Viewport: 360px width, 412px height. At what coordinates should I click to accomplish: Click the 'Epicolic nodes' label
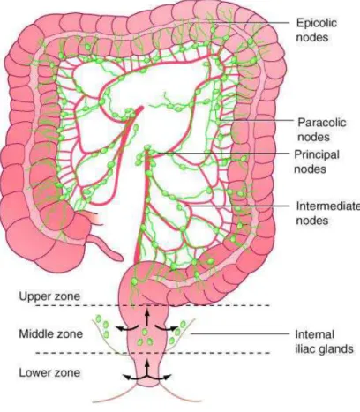coord(317,30)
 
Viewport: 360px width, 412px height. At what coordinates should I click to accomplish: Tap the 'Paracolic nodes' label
coord(321,130)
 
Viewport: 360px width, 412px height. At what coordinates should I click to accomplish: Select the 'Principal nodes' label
coord(317,161)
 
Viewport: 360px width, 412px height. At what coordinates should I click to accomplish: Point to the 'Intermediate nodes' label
coord(327,213)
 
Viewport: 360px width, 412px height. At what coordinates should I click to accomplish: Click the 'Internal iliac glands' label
coord(324,341)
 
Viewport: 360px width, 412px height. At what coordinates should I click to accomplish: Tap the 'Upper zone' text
coord(49,296)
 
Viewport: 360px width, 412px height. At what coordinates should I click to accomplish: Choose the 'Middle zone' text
coord(50,334)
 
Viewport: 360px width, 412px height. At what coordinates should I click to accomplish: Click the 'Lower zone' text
coord(49,372)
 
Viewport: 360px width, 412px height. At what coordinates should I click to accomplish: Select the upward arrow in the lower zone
coord(147,368)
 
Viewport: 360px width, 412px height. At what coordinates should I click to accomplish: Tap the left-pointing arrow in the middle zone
coord(126,328)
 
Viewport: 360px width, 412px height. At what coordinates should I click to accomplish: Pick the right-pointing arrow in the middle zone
coord(167,328)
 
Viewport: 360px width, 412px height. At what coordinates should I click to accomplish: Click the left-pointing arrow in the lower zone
coord(134,377)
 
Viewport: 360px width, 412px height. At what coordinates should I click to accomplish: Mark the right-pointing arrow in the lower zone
coord(159,377)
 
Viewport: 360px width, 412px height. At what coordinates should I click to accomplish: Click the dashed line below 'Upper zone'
coord(153,305)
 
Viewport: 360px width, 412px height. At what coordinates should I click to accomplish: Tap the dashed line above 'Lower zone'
coord(153,353)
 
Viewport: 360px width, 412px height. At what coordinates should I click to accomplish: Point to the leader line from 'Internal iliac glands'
coord(240,333)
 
